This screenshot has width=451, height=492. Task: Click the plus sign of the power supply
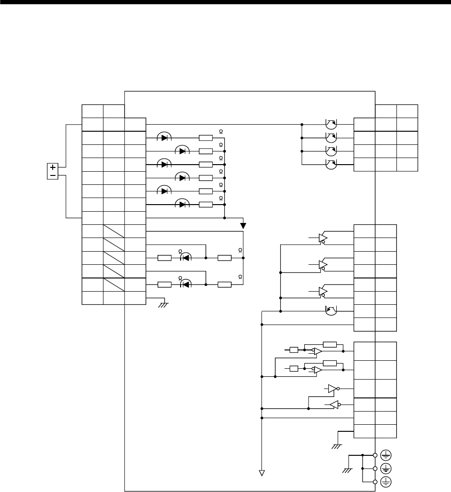tap(53, 167)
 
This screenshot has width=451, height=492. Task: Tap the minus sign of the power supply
tap(53, 175)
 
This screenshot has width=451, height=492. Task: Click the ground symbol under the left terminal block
tap(163, 305)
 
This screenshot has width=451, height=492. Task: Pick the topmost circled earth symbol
tap(386, 455)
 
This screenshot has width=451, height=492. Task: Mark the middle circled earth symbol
tap(386, 468)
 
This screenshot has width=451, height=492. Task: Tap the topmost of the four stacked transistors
tap(331, 124)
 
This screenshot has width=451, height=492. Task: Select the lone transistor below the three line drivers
tap(332, 310)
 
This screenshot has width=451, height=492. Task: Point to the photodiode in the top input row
tap(164, 138)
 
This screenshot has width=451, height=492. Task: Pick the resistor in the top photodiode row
tap(206, 138)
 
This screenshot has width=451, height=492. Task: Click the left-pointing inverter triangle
tap(332, 405)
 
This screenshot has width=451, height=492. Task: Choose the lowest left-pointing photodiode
tap(185, 284)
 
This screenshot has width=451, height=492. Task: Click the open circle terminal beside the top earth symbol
tap(375, 455)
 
